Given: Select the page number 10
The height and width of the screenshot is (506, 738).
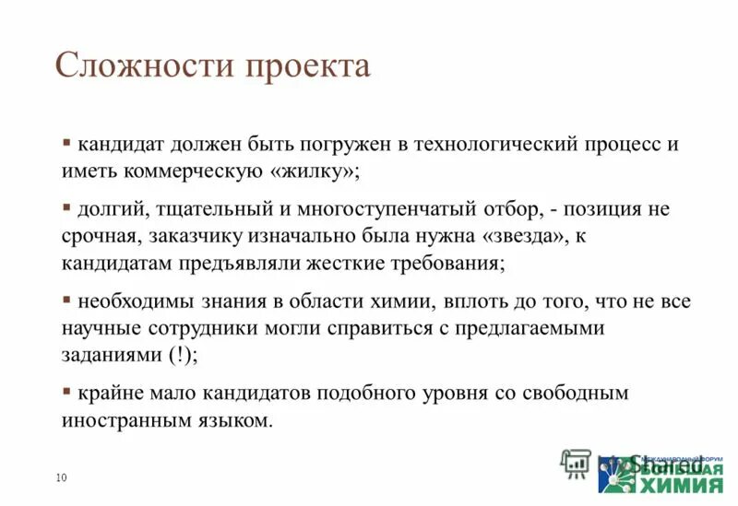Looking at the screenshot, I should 62,477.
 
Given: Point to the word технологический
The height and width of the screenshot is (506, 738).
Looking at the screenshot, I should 494,146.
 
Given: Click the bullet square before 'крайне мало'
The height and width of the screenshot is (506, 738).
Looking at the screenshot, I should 67,390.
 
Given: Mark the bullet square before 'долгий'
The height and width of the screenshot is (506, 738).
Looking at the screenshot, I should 67,206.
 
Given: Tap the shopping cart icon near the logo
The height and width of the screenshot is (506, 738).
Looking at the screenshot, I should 575,462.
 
